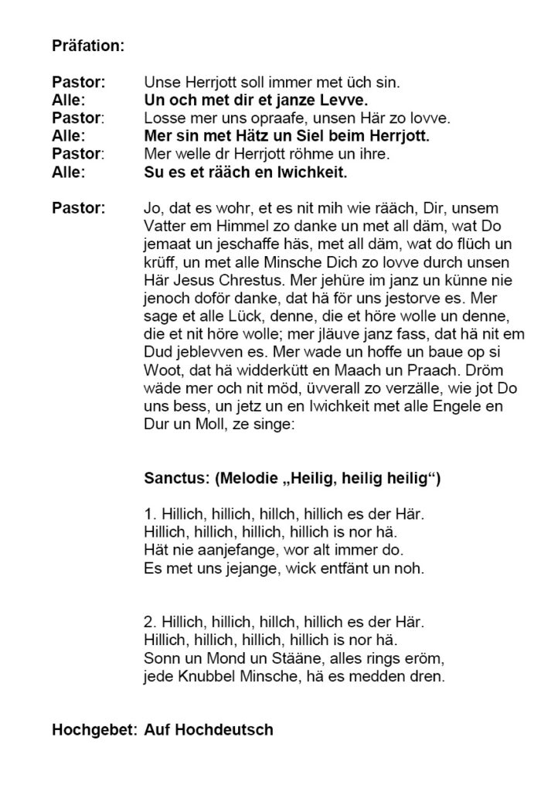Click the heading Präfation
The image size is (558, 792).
[87, 46]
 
